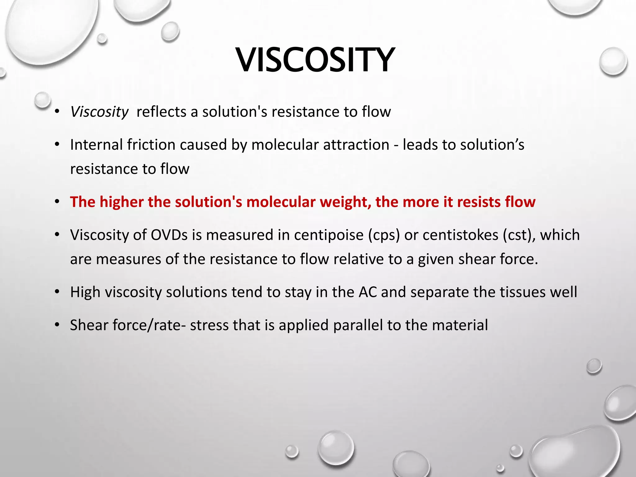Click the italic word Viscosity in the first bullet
tap(99, 112)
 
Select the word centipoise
tap(329, 235)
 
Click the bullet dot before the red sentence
tap(57, 202)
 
